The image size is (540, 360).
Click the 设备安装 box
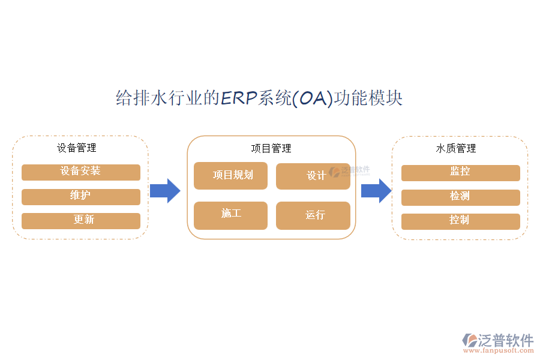pos(80,172)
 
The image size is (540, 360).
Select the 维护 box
pos(80,197)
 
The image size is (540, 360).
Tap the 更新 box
pos(80,221)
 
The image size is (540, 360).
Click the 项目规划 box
pos(230,176)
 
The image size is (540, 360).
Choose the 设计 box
pos(313,176)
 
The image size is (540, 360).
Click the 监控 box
pos(460,173)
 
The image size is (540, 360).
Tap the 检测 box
pos(460,197)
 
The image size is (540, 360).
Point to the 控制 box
pos(460,221)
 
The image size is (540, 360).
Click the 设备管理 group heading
pos(76,148)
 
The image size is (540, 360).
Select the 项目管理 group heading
pos(271,149)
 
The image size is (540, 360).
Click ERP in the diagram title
pos(239,98)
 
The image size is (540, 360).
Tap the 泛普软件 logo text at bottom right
pos(506,340)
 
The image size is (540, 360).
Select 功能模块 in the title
pos(368,98)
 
